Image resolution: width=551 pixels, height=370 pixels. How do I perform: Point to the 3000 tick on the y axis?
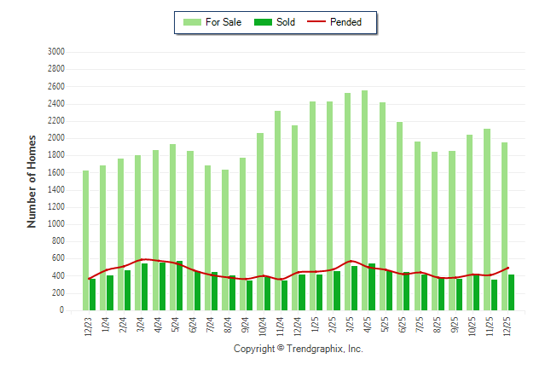[x=56, y=52]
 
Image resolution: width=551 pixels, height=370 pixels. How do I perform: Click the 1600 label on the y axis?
[x=56, y=173]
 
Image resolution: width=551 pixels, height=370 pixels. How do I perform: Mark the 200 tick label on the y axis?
[x=59, y=294]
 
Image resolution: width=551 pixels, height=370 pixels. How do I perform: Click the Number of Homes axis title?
[x=32, y=181]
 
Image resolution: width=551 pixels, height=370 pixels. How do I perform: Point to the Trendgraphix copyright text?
[x=299, y=349]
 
